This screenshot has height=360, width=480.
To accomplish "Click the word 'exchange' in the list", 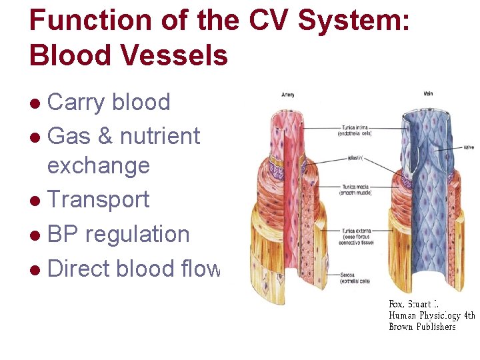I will tap(99, 165).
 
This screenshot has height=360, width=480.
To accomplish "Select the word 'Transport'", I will tap(99, 199).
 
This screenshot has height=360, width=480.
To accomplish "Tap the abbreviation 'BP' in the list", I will tap(63, 234).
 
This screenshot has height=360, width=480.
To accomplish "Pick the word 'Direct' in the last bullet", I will tap(79, 269).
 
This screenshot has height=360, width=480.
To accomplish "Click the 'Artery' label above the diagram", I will tap(287, 95).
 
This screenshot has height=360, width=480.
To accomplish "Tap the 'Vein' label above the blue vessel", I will tap(428, 93).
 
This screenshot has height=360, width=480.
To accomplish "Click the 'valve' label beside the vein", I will tap(469, 147).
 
